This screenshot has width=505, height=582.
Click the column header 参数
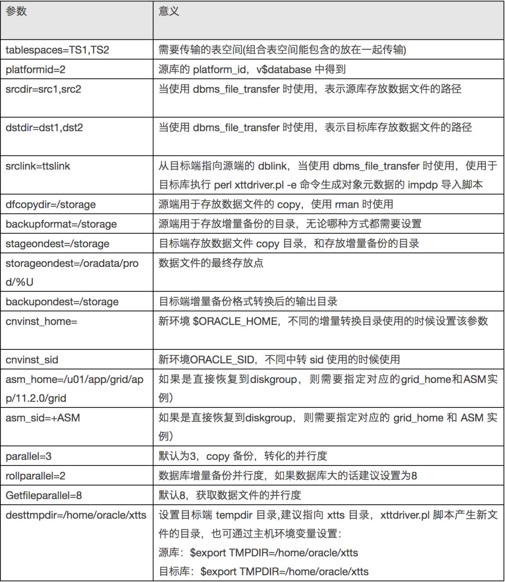coord(16,11)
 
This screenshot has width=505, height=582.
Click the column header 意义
coord(169,11)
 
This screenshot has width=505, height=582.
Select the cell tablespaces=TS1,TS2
coord(57,50)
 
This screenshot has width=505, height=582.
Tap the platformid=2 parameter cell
coord(36,70)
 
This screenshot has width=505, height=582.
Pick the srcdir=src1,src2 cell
coord(43,89)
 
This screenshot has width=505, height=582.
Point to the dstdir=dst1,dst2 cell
coord(44,127)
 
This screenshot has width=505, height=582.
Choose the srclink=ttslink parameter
coord(38,166)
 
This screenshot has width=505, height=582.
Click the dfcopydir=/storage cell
coord(50,205)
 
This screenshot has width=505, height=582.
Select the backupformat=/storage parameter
coord(61,224)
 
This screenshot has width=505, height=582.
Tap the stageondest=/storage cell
coord(58,244)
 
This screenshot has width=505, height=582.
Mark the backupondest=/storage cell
coord(62,302)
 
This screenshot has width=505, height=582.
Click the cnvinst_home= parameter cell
coord(42,322)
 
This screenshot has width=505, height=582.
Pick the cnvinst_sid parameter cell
coord(32,360)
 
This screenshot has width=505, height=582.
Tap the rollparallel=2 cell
coord(36,476)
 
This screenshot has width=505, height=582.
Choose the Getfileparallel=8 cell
coord(44,496)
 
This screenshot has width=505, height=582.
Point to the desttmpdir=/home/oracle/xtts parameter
coord(76,516)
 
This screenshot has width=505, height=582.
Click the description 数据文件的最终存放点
coord(211,263)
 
